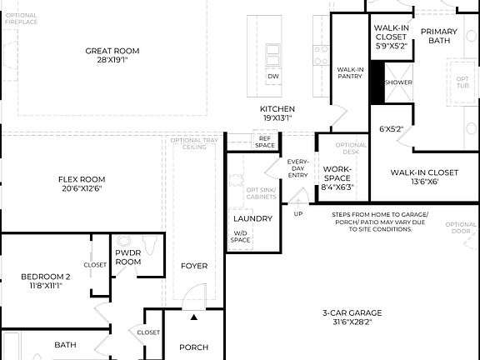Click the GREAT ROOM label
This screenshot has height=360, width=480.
tap(112, 51)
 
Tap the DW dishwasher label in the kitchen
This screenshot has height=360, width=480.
tap(272, 77)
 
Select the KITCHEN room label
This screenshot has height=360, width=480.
tap(277, 109)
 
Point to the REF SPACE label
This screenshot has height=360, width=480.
tap(265, 142)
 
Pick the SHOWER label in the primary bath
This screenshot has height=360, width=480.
tap(397, 82)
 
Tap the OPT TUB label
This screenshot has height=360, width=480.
tap(462, 82)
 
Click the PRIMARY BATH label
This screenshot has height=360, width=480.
tap(438, 36)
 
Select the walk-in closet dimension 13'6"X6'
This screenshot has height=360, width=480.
tap(424, 182)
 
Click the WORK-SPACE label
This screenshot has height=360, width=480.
tap(337, 172)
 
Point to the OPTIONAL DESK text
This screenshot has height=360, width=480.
tap(351, 148)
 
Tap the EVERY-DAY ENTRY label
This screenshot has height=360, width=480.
tap(298, 167)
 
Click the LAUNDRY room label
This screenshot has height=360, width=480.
tap(252, 218)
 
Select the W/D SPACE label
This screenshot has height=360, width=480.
tap(240, 237)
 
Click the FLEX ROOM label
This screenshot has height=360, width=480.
tap(82, 179)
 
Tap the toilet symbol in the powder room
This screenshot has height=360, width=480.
tap(150, 243)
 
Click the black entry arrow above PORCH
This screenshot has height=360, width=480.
tap(194, 317)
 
